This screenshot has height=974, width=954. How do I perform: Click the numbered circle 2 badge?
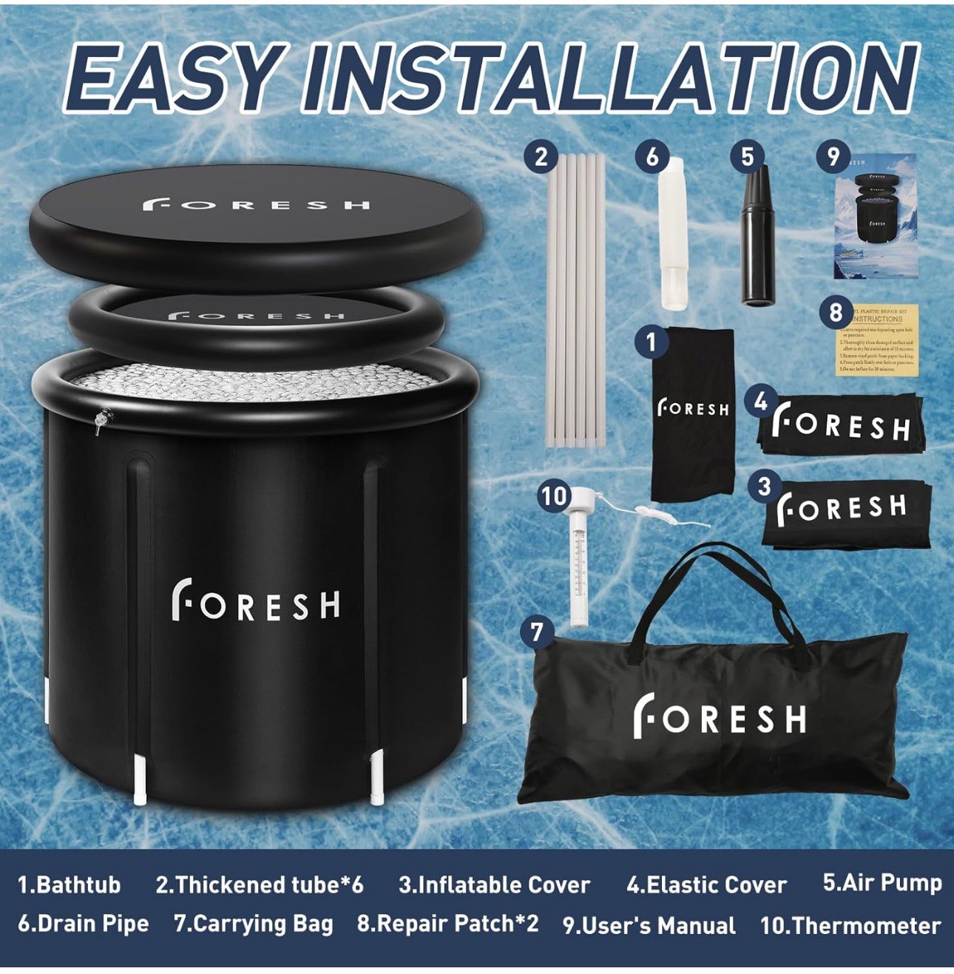[x=541, y=157]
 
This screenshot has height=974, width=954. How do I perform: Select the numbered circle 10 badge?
[x=554, y=496]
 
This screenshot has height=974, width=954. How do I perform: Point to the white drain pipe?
[x=672, y=244]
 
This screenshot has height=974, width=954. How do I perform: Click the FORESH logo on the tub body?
[x=256, y=600]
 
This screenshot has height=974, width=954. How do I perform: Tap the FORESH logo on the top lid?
[x=256, y=203]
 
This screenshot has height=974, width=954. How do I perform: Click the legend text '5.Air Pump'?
[x=882, y=882]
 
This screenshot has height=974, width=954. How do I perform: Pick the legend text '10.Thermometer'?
[x=850, y=925]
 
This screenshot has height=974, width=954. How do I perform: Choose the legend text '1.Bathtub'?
[x=69, y=885]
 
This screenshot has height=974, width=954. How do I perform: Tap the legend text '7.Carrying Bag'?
[x=254, y=924]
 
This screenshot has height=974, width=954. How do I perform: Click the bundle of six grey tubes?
[x=575, y=303]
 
